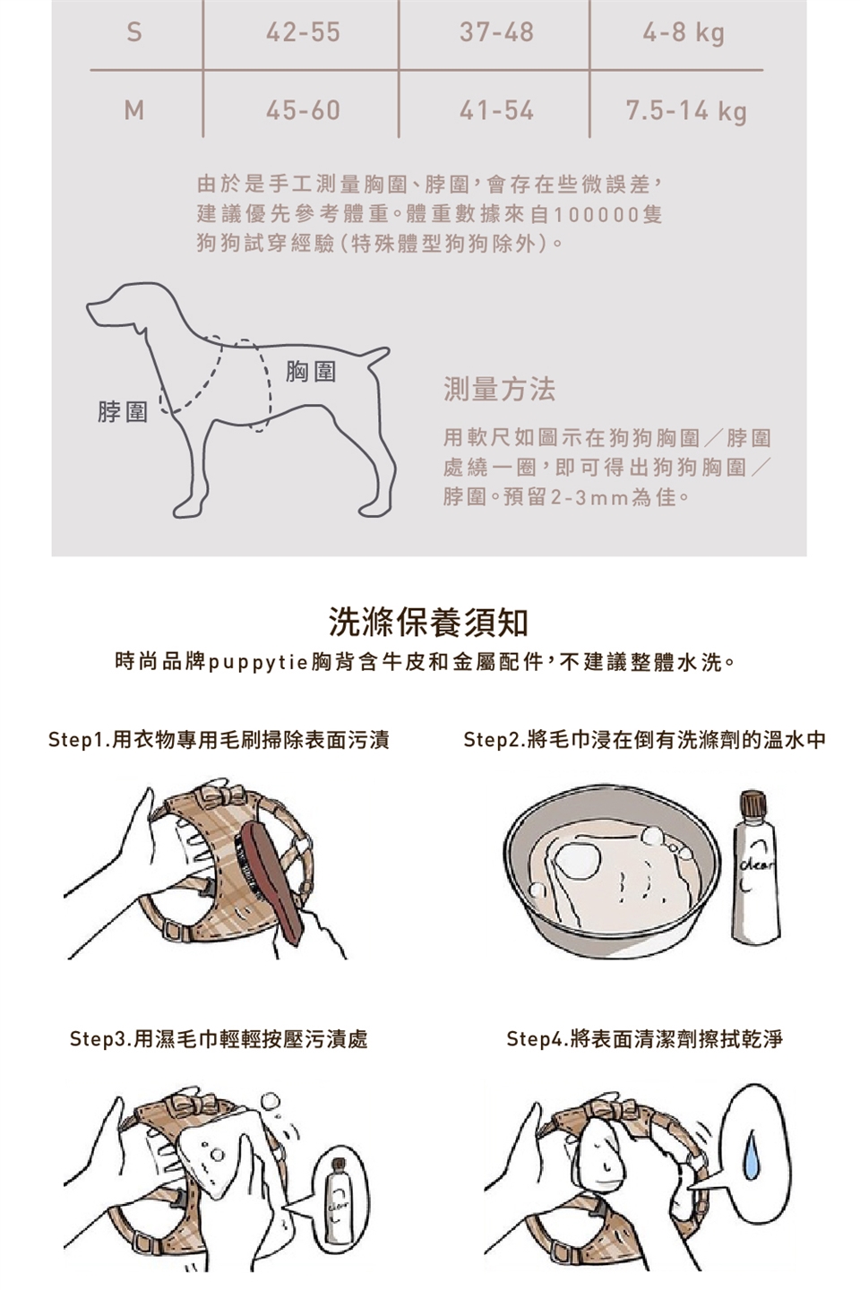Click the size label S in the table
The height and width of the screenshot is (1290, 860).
pyautogui.click(x=133, y=31)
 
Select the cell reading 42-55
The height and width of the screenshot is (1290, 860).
pyautogui.click(x=303, y=31)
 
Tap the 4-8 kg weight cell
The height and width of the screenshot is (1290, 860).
pyautogui.click(x=684, y=33)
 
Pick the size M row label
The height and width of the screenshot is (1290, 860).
pyautogui.click(x=134, y=109)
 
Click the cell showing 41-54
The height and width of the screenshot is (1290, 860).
pyautogui.click(x=496, y=110)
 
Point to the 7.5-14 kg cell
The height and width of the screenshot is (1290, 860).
pyautogui.click(x=686, y=112)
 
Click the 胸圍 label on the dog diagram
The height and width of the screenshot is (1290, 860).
pyautogui.click(x=311, y=372)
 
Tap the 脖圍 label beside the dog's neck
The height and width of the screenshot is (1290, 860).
pyautogui.click(x=123, y=412)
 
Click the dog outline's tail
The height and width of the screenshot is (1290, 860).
pyautogui.click(x=377, y=357)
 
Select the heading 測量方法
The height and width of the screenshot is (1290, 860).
pyautogui.click(x=499, y=390)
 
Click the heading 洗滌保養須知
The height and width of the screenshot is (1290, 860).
pyautogui.click(x=428, y=622)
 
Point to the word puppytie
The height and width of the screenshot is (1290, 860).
pyautogui.click(x=258, y=664)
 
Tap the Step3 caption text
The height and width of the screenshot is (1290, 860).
pyautogui.click(x=219, y=1039)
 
